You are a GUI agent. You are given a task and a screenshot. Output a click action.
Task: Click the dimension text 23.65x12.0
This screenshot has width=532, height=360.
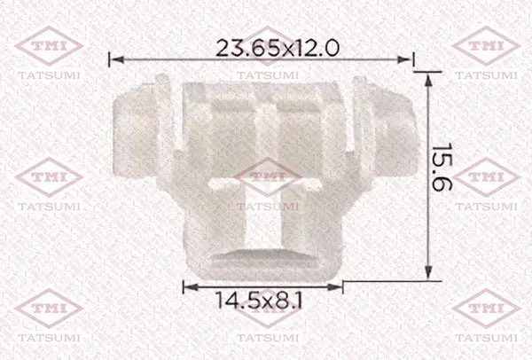pyautogui.click(x=278, y=48)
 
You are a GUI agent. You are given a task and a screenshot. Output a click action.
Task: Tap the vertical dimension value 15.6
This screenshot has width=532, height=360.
pyautogui.click(x=442, y=167)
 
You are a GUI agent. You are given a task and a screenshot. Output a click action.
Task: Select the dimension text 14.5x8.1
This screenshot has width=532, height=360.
pyautogui.click(x=259, y=300)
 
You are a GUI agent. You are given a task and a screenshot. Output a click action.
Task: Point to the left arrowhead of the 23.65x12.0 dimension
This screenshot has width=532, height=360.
pyautogui.click(x=117, y=59)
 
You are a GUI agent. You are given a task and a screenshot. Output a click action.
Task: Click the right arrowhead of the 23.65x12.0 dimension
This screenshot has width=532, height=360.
pyautogui.click(x=403, y=59)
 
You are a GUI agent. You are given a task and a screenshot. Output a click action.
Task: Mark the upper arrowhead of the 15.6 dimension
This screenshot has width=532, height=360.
pyautogui.click(x=428, y=80)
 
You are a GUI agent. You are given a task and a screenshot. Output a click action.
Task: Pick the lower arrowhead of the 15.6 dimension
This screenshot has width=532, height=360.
pyautogui.click(x=428, y=272)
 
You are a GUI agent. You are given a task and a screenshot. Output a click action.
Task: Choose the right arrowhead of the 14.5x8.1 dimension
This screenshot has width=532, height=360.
pyautogui.click(x=335, y=287)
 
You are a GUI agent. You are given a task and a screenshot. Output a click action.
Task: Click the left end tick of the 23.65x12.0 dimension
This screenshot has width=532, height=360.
pyautogui.click(x=109, y=59)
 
